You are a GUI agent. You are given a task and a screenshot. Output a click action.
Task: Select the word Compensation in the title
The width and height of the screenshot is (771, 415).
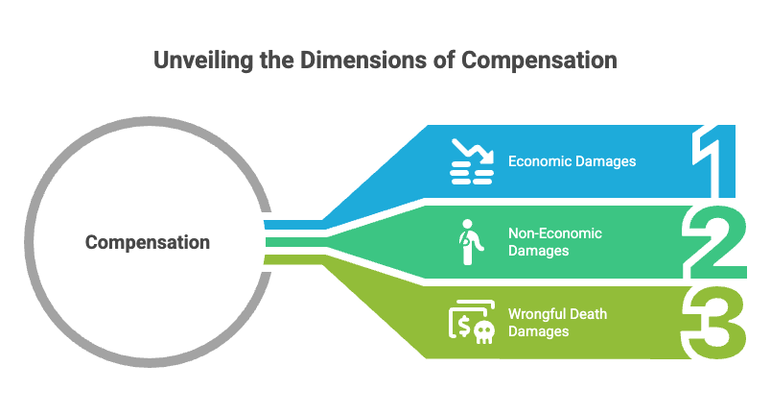[539, 61]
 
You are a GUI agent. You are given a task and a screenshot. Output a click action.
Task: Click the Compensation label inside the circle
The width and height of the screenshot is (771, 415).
[148, 243]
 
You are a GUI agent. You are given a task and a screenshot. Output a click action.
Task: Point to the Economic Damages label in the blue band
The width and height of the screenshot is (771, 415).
[572, 161]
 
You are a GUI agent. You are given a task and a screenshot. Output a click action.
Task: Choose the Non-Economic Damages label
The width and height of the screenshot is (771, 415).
[555, 242]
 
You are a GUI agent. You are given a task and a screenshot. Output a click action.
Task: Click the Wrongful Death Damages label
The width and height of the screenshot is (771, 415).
[557, 323]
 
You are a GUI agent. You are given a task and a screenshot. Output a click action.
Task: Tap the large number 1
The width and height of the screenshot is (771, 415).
[713, 161]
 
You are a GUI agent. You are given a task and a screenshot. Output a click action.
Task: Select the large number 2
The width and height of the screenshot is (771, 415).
[714, 242]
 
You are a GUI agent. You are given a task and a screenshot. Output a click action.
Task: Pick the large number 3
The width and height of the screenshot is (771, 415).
[714, 323]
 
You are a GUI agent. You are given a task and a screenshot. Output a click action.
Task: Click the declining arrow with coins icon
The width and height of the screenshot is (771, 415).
[472, 161]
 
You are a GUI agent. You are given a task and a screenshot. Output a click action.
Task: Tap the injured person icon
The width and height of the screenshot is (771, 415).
[471, 242]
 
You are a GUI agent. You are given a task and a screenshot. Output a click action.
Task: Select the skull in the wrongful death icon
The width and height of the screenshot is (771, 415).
[484, 332]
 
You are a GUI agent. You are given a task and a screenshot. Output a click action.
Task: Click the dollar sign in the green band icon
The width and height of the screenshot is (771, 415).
[463, 326]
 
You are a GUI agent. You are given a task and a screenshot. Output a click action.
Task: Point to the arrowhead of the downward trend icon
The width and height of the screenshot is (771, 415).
[488, 157]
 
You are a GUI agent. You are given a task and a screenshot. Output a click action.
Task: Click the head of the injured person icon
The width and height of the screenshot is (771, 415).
[467, 225]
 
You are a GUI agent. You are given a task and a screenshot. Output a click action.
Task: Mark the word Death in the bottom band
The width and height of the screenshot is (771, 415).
[589, 314]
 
